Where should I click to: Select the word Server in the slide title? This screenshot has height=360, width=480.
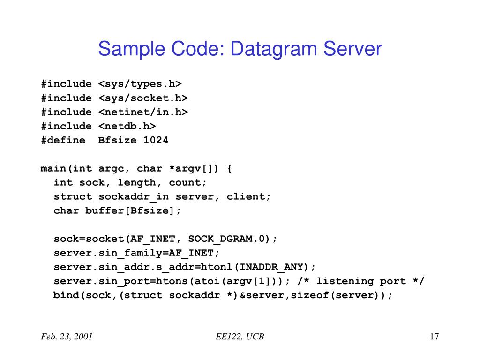353,49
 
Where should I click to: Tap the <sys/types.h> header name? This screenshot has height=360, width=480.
140,84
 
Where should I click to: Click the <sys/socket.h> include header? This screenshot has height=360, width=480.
143,98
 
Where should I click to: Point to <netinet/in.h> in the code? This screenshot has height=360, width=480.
143,112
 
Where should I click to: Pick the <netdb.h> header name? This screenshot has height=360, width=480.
127,126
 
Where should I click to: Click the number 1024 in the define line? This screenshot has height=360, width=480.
156,140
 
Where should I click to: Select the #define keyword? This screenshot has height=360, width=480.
63,140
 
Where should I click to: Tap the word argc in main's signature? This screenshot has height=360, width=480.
111,168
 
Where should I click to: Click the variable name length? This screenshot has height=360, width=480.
136,182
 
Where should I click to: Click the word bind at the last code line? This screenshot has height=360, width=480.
66,295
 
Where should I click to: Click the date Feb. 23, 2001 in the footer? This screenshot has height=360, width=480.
66,337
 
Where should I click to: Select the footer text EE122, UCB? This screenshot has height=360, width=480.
240,337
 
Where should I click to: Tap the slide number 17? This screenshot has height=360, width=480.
434,337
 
